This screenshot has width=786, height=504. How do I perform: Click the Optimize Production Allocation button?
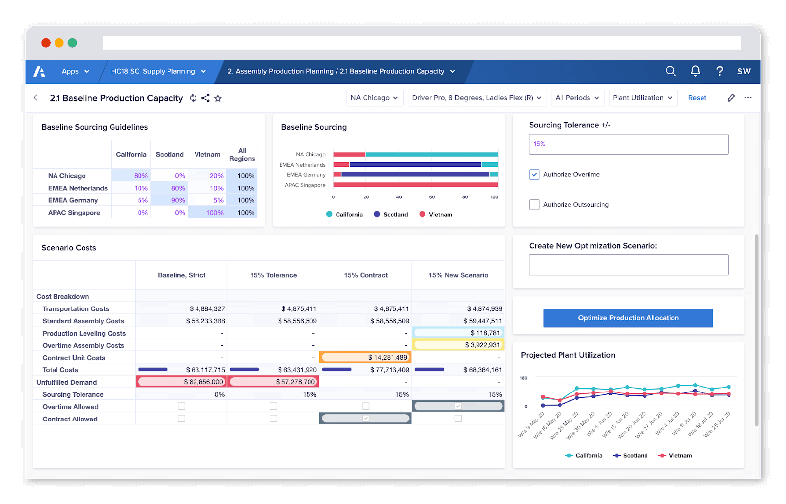[628, 318]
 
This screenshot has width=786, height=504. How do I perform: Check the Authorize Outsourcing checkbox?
[534, 205]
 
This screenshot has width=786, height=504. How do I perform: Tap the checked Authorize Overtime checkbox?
[534, 174]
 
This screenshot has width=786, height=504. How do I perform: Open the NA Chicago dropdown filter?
[374, 98]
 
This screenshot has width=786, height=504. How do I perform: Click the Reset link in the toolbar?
[697, 98]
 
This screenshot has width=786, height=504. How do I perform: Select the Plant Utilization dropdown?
[643, 98]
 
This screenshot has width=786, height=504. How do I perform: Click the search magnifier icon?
[670, 71]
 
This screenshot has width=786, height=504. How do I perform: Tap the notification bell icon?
[695, 71]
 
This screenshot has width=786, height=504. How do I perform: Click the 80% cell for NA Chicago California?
[131, 176]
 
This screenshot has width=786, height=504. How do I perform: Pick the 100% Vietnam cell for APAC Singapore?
[207, 213]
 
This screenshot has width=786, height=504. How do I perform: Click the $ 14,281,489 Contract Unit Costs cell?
[365, 357]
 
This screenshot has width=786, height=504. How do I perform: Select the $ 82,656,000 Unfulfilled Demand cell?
[181, 382]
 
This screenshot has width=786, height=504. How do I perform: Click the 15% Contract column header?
[365, 275]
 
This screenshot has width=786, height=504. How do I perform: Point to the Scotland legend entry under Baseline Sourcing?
[391, 214]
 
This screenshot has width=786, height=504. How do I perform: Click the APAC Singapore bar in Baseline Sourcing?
[416, 185]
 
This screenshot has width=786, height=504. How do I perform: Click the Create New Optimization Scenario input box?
[628, 265]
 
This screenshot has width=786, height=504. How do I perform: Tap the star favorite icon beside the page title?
[218, 98]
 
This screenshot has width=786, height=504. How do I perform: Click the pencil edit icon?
[731, 98]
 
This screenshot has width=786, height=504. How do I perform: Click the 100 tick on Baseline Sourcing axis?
[494, 197]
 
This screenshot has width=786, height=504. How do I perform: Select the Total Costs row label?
[60, 370]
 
